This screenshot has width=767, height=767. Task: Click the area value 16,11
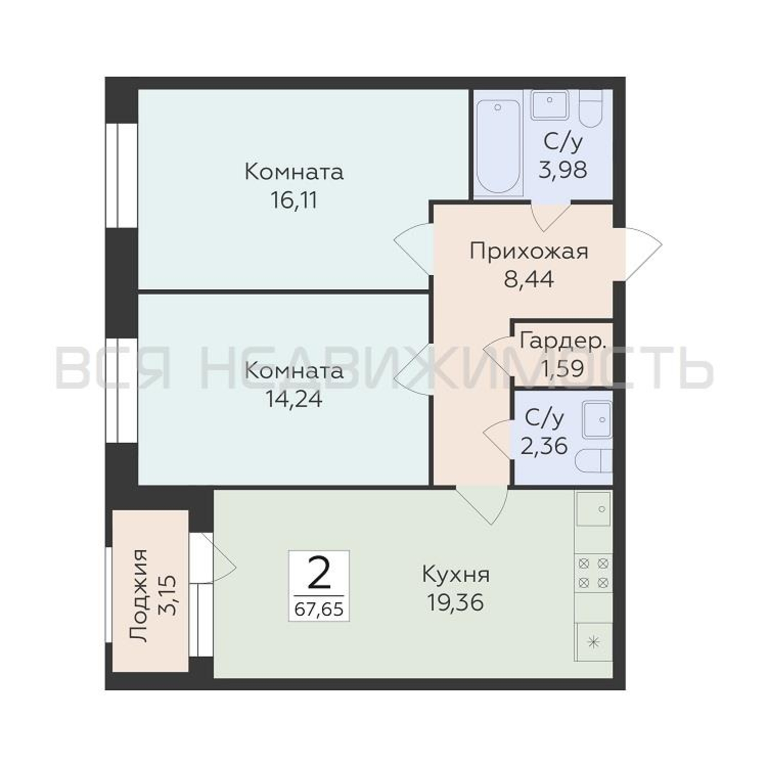click(x=294, y=200)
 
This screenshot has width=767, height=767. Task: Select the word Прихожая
click(x=529, y=252)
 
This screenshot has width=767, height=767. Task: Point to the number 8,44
click(x=529, y=279)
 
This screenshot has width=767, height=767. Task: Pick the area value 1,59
click(x=563, y=369)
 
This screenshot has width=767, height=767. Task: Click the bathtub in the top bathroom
click(x=498, y=147)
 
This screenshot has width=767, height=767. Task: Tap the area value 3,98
click(x=563, y=170)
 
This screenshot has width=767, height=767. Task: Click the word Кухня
click(x=456, y=574)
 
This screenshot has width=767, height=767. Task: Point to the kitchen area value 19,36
click(x=456, y=602)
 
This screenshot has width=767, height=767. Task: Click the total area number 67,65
click(x=319, y=609)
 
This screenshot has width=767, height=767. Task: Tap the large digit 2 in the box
click(x=319, y=573)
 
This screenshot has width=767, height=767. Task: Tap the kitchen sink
click(x=593, y=509)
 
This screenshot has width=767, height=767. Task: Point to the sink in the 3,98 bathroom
click(x=550, y=104)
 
